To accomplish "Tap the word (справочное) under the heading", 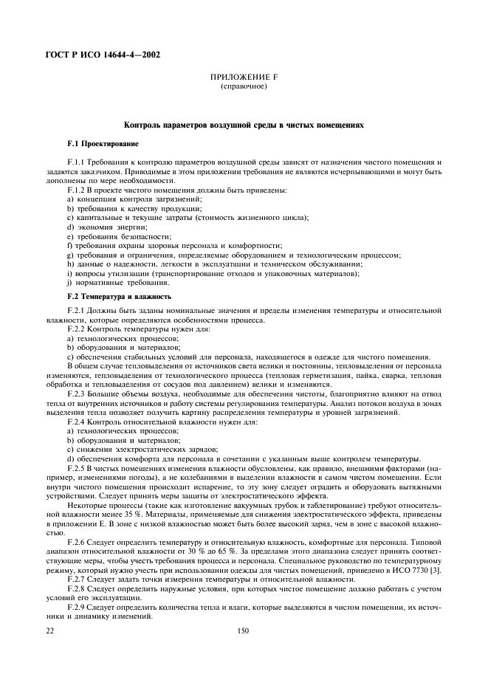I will pos(244,86).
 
